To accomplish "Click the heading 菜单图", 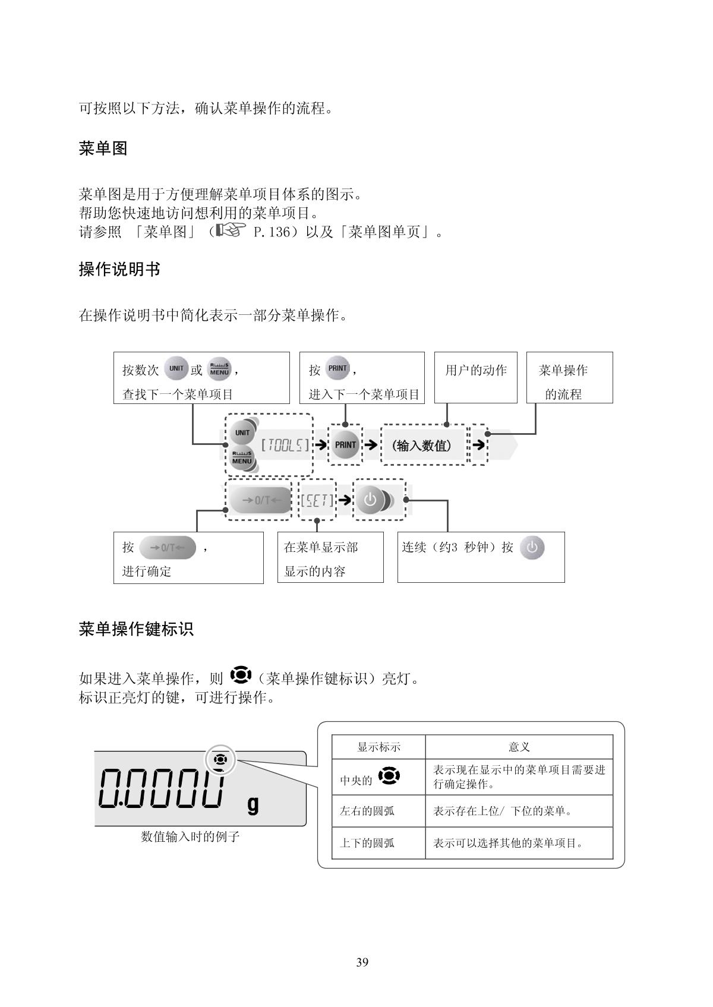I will click(x=103, y=149).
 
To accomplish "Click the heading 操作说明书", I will click(x=119, y=270).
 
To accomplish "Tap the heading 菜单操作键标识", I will click(x=136, y=629).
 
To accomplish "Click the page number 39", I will click(x=362, y=962).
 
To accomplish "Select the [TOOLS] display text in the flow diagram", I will click(x=286, y=445).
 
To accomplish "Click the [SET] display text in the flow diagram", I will click(x=317, y=500).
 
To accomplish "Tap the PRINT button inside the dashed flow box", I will click(x=345, y=444).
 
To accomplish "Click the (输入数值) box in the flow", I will click(x=422, y=446).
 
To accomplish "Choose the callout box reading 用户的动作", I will click(x=476, y=377).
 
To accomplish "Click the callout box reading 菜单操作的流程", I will click(x=569, y=377).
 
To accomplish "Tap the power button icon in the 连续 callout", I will click(x=532, y=548).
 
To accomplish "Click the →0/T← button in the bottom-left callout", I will click(x=167, y=548).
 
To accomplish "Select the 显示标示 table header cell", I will click(x=378, y=747).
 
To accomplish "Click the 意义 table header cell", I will click(x=519, y=747).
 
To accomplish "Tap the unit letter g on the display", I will click(x=253, y=804).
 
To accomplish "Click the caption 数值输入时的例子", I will click(x=190, y=837).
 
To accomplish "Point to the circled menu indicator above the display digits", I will click(x=220, y=759).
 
